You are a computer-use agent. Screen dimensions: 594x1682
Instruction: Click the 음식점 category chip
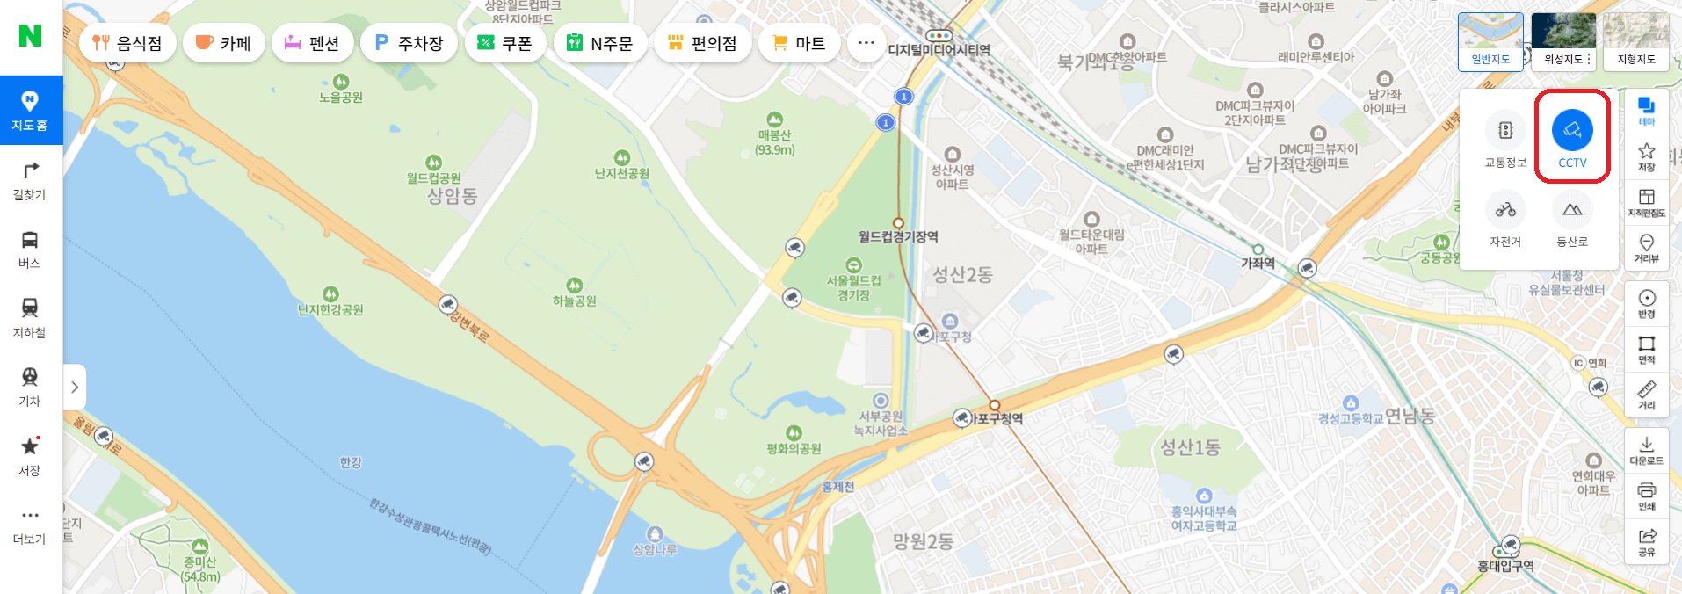[x=127, y=43]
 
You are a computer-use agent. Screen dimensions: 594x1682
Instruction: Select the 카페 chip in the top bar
[x=223, y=43]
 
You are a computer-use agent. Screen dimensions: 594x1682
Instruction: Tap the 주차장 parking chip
[x=409, y=43]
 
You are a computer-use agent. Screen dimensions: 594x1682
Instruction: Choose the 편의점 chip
[x=702, y=43]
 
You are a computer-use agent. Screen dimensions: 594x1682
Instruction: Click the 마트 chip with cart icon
[x=798, y=43]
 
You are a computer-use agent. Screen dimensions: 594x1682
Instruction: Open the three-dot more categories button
[x=866, y=43]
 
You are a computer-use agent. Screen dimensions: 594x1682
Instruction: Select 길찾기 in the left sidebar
[x=30, y=181]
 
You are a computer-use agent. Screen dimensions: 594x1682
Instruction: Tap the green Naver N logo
[x=30, y=36]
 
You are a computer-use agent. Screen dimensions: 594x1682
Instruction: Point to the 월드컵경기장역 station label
[x=898, y=236]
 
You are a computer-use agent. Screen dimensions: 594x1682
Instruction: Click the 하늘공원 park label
[x=575, y=301]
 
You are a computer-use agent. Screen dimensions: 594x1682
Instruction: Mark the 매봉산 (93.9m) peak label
[x=774, y=141]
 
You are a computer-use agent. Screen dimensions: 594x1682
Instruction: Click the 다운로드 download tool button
[x=1646, y=450]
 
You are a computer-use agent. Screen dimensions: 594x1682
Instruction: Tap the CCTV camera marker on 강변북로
[x=448, y=305]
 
